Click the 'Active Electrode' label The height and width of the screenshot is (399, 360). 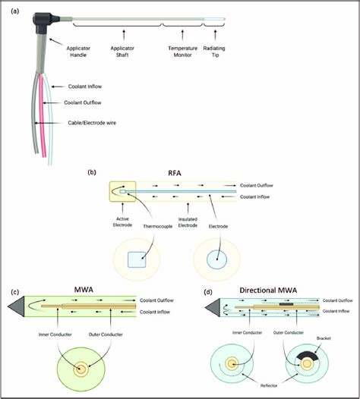point(116,226)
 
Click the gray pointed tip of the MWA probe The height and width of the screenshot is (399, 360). point(14,305)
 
